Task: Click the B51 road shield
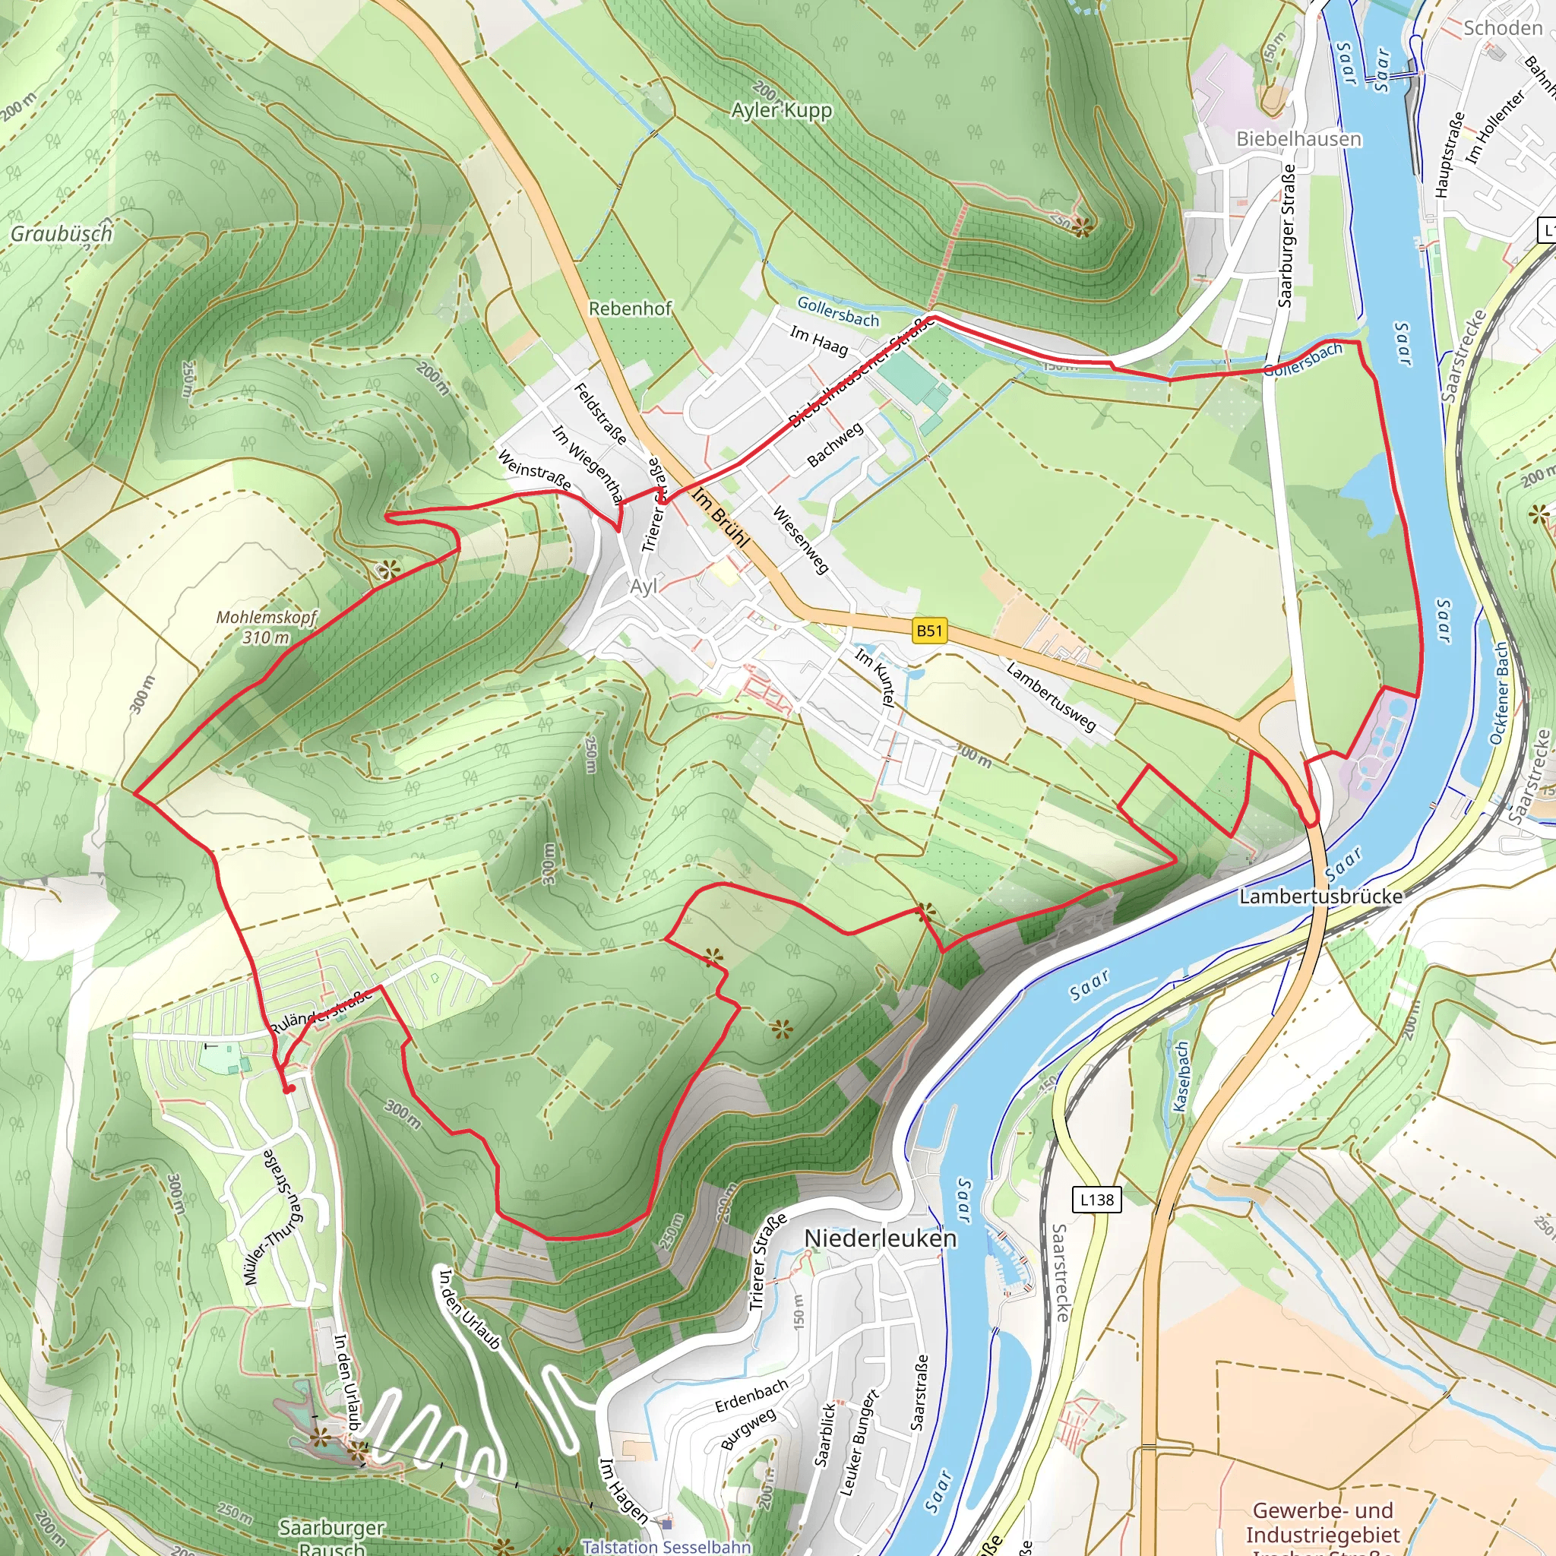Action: pos(929,631)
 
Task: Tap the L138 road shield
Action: pos(1096,1200)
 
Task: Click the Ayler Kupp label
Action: pos(781,109)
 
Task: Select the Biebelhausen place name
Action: pos(1298,138)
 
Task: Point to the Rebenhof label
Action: pos(630,308)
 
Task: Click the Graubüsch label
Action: pos(62,233)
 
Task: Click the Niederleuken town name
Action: pos(881,1238)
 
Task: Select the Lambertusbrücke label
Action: pos(1320,897)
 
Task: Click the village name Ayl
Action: pos(644,587)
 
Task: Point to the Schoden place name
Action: pos(1503,28)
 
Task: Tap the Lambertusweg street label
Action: pos(1051,697)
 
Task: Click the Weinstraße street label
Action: pos(535,470)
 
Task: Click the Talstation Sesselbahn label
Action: pos(666,1546)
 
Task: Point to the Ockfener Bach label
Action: pos(1499,694)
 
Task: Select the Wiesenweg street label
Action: pos(801,539)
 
